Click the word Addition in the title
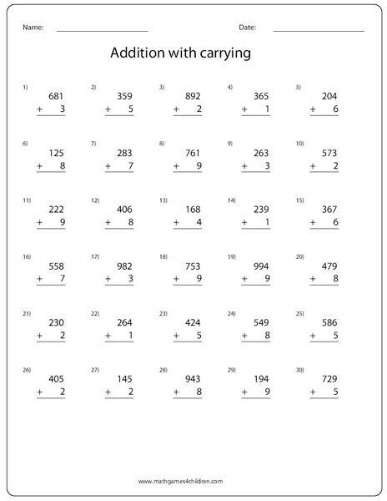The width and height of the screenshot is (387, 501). pos(138,53)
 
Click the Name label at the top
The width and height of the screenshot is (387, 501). pos(33,28)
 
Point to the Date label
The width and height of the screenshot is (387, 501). pos(247,28)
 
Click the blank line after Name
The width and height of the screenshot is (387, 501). pos(102,31)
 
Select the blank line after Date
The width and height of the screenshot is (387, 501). pos(319,31)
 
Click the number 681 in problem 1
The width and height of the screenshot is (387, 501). pos(57,96)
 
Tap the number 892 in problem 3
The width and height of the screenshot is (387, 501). pos(192,96)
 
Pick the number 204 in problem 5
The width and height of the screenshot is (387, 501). pos(329,96)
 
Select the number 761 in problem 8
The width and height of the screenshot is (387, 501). pos(192,153)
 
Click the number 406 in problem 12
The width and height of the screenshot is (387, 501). pos(124,210)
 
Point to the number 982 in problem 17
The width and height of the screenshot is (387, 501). pos(124,266)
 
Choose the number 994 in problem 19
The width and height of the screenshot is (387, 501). pos(260,266)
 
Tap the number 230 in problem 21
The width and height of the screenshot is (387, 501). pos(57,323)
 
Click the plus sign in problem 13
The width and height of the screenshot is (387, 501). pos(176,223)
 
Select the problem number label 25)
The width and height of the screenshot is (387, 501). pos(299,313)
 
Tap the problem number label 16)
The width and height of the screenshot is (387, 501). pos(27,256)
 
